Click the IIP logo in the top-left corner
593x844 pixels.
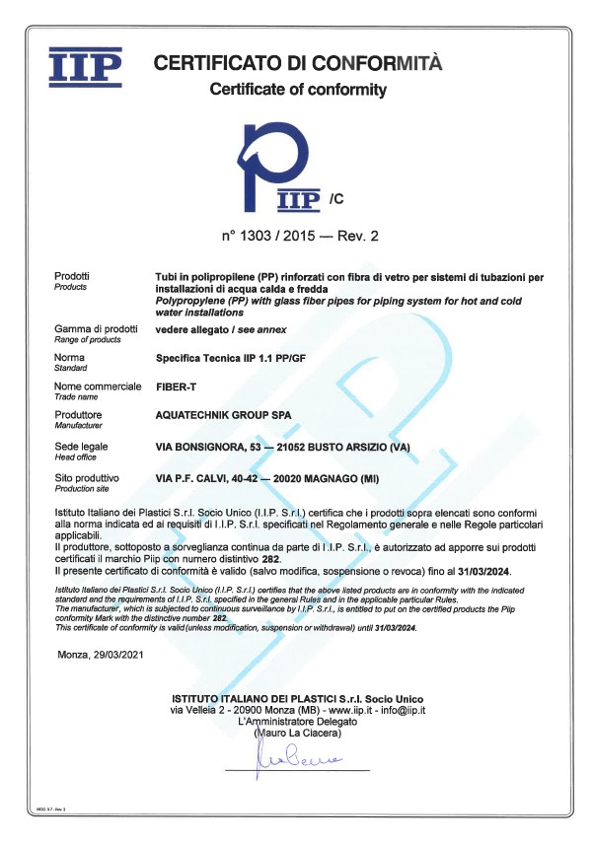coord(86,67)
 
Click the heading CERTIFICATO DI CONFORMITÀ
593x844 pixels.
coord(298,64)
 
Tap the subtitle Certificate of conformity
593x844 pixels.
coord(298,91)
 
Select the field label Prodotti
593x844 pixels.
coord(72,275)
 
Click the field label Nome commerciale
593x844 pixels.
coord(98,386)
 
